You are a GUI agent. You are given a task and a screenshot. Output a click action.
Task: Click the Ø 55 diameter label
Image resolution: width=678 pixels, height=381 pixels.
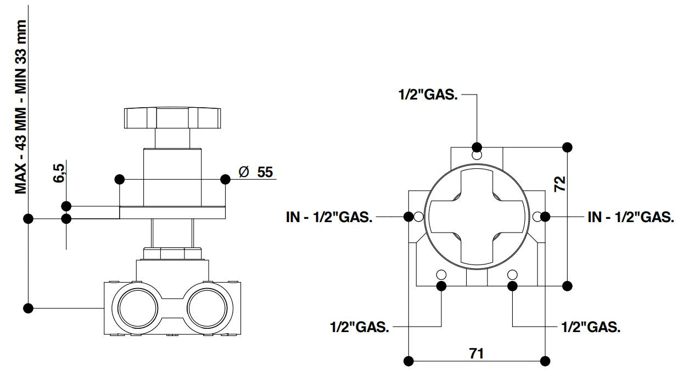pyautogui.click(x=256, y=172)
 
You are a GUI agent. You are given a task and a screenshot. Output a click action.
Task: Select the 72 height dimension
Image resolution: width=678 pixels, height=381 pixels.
pyautogui.click(x=559, y=184)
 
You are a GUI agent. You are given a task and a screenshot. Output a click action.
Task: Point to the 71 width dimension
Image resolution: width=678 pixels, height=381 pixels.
pyautogui.click(x=477, y=353)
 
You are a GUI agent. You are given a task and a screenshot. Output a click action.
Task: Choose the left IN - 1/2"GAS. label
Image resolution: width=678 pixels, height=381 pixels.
pyautogui.click(x=329, y=217)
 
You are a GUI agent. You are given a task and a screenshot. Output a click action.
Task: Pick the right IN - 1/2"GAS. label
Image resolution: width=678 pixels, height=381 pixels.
pyautogui.click(x=630, y=217)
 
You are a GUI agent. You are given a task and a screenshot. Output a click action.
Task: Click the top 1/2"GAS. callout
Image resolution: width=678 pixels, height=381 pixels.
pyautogui.click(x=428, y=94)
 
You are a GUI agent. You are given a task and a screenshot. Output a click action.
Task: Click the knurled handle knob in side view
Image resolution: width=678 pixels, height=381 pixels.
pyautogui.click(x=172, y=117)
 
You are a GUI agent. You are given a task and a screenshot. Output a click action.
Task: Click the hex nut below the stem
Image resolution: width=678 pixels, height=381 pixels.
pyautogui.click(x=172, y=254)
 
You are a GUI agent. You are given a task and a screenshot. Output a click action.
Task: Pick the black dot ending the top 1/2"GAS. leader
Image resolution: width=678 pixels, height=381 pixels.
pyautogui.click(x=477, y=147)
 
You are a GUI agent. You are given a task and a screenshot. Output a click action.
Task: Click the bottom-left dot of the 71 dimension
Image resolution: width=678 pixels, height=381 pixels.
pyautogui.click(x=408, y=361)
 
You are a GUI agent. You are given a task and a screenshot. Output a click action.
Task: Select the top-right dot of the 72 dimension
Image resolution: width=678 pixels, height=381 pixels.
pyautogui.click(x=567, y=147)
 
